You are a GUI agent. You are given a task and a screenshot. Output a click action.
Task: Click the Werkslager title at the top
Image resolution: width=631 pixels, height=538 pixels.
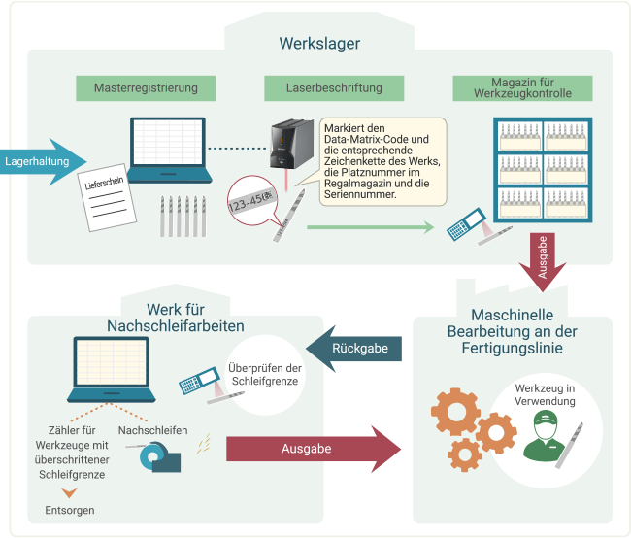pyautogui.click(x=319, y=44)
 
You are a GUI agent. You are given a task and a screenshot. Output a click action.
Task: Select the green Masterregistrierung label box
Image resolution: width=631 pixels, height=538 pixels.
pyautogui.click(x=146, y=88)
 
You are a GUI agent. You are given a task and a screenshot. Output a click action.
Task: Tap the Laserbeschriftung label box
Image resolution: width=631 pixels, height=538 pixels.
pyautogui.click(x=334, y=88)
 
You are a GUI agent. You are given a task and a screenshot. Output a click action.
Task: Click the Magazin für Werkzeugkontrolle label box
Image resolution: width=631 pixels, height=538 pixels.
pyautogui.click(x=525, y=88)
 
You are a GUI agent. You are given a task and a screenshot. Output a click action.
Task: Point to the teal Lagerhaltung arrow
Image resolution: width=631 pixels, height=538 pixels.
pyautogui.click(x=44, y=160)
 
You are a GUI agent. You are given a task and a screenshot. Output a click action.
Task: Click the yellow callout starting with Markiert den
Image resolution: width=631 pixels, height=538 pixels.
pyautogui.click(x=382, y=160)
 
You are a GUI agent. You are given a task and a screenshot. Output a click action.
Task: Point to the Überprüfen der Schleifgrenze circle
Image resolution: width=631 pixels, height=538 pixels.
pyautogui.click(x=261, y=374)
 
